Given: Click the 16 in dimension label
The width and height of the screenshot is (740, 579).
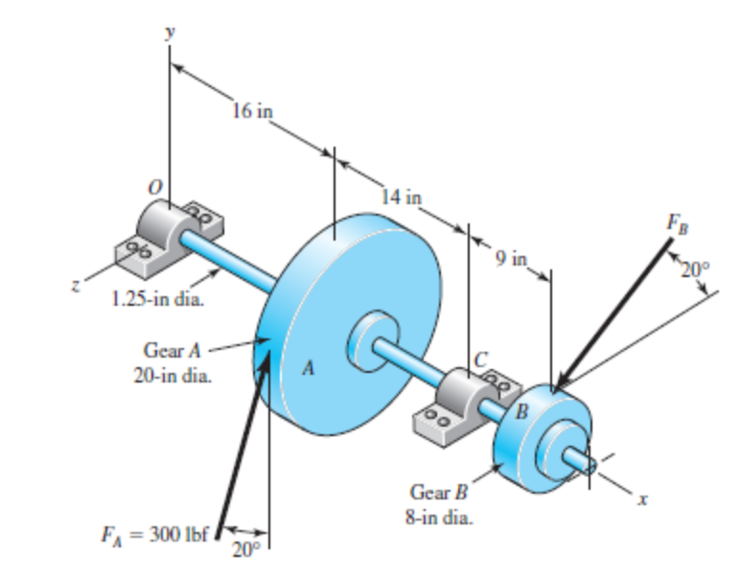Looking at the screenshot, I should tap(252, 110).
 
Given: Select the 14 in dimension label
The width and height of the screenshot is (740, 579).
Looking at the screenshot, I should tap(401, 197).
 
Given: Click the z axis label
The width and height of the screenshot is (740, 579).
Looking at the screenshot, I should tap(84, 286).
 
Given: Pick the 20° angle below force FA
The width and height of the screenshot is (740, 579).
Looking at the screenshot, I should tap(248, 549).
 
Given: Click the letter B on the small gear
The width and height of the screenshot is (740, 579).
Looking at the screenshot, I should tap(522, 413).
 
